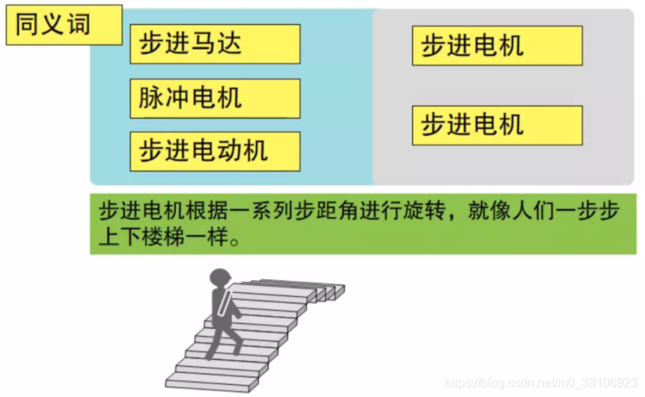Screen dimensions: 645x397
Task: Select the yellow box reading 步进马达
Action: click(x=215, y=44)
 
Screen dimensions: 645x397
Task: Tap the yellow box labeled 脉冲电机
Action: click(x=215, y=98)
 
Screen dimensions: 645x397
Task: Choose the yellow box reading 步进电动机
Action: click(x=215, y=151)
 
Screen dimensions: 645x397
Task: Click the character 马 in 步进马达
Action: click(x=203, y=44)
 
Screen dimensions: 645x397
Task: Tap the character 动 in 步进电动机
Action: click(x=229, y=151)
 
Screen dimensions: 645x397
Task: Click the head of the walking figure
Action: click(x=220, y=277)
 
